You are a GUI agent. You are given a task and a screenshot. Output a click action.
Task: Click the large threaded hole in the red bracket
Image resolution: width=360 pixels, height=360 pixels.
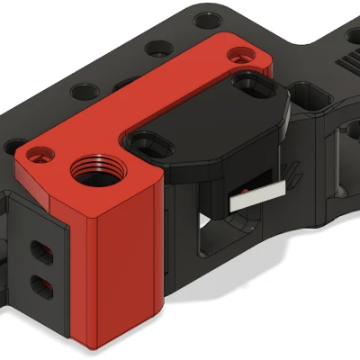[x=93, y=167]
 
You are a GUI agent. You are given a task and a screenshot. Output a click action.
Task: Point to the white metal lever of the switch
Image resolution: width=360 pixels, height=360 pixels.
[x=257, y=197]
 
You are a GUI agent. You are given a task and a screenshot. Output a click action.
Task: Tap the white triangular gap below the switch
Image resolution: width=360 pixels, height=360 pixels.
[x=206, y=220]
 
